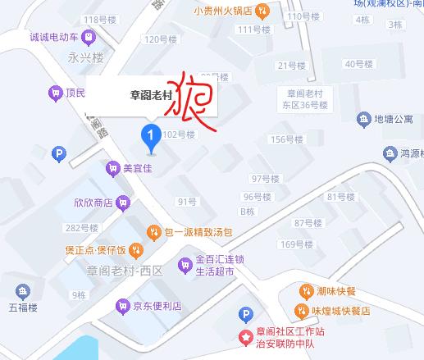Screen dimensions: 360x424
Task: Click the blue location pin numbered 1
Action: (150, 136)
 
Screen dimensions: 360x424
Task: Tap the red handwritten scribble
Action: (191, 104)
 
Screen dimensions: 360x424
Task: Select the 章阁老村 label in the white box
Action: (151, 95)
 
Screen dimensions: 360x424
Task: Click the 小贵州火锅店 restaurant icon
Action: (262, 11)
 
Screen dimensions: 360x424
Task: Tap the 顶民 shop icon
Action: (56, 93)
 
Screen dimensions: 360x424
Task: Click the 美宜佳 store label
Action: (138, 169)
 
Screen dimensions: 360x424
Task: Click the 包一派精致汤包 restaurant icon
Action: (154, 233)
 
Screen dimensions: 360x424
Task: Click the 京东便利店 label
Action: (158, 306)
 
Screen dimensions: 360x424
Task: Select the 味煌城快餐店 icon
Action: (302, 312)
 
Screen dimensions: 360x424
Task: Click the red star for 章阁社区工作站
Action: (244, 336)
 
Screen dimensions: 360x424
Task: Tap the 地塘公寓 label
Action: (393, 121)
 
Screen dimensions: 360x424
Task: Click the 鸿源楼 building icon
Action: (390, 153)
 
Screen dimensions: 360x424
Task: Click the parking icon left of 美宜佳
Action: (58, 153)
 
